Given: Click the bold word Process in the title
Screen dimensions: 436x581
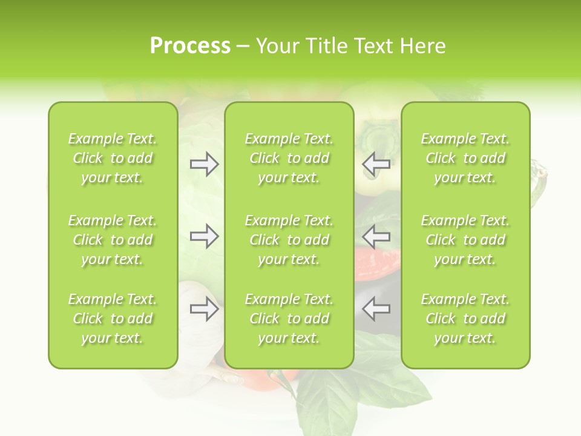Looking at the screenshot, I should point(190,46).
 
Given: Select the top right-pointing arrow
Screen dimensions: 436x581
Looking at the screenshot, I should point(205,164).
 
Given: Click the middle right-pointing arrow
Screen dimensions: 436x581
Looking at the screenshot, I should point(205,237).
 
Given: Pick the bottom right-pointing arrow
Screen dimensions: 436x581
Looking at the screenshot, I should point(205,309).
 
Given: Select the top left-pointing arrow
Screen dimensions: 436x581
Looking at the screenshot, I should point(376,164).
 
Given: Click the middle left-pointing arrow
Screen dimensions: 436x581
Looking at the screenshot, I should point(376,237).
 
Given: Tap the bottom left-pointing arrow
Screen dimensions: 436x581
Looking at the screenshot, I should point(376,309).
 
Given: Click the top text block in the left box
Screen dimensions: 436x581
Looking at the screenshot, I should point(113,158).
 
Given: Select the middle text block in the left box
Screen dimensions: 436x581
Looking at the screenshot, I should point(113,240).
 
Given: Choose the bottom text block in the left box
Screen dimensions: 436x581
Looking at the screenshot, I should point(113,319).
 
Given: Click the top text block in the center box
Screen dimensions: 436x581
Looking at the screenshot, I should point(289,158).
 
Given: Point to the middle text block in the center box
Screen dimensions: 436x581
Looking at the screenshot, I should point(289,240).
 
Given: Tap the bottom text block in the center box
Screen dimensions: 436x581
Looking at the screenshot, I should point(289,319).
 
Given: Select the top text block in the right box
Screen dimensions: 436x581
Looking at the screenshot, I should point(465,158).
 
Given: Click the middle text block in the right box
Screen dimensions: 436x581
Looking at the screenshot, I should point(465,240).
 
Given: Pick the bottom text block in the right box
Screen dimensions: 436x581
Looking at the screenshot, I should point(465,319).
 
